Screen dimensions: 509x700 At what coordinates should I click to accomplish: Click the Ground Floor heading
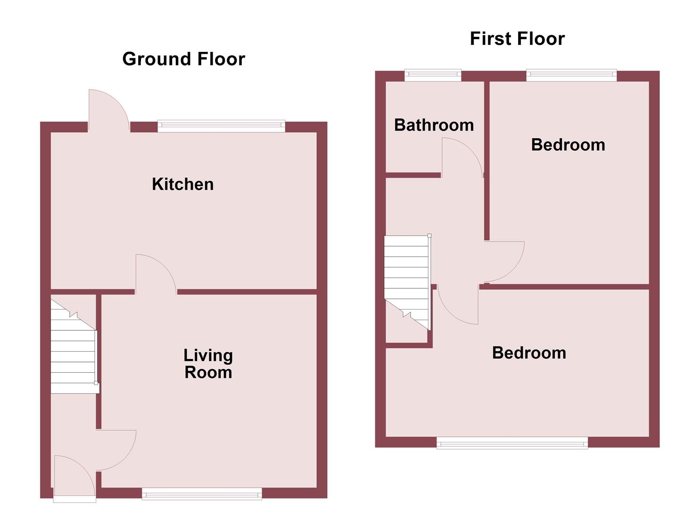(183, 59)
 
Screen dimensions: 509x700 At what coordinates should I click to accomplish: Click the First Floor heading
(517, 39)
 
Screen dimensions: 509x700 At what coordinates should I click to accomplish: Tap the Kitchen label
(182, 184)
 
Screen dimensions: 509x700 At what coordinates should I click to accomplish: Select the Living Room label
(208, 364)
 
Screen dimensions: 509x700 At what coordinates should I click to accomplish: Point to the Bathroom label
(434, 125)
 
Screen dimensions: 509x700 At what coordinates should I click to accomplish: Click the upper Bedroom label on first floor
(568, 145)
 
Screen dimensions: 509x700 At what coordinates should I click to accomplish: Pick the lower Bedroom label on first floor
(528, 353)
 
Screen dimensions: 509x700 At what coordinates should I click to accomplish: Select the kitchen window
(221, 125)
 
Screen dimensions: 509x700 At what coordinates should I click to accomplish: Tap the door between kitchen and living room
(153, 276)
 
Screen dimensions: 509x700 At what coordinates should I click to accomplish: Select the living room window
(202, 494)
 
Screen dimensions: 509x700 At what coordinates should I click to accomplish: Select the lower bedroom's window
(512, 443)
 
